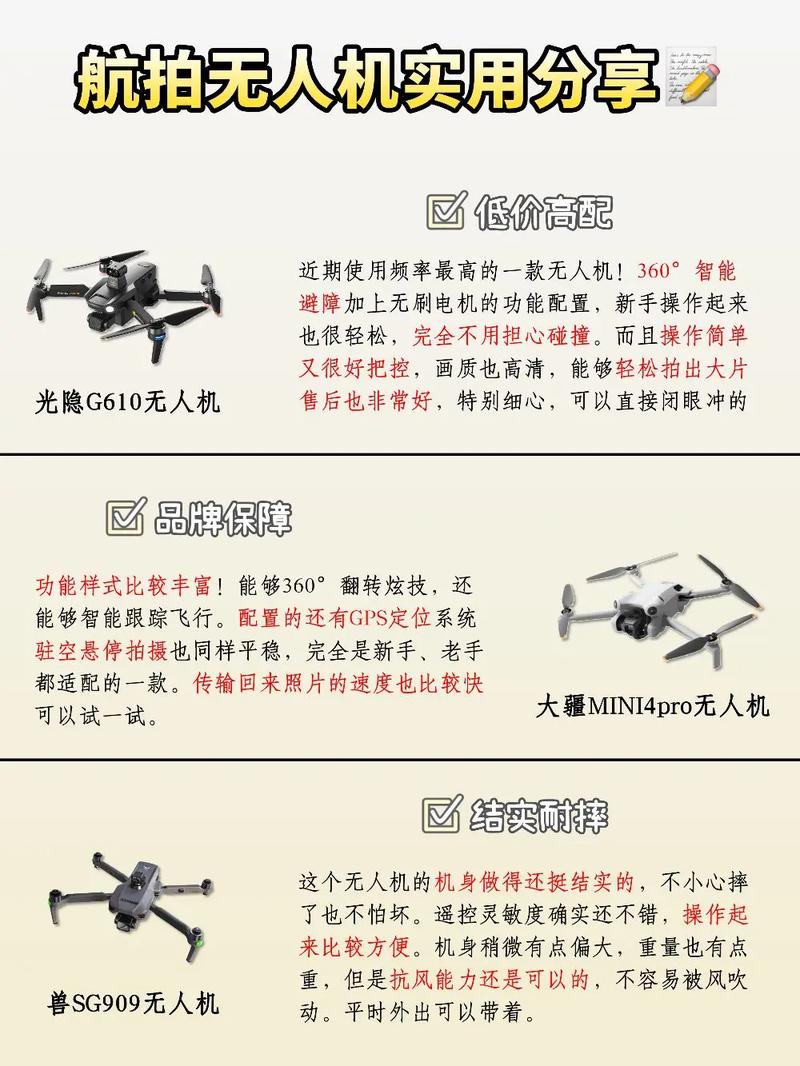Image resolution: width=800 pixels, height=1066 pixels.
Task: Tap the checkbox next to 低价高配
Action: (445, 211)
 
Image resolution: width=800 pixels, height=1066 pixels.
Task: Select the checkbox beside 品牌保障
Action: (124, 517)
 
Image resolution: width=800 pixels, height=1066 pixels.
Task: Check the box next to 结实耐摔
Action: (440, 814)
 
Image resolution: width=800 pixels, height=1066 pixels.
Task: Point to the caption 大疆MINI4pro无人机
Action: (652, 706)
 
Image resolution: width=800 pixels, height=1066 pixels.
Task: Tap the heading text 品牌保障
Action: (223, 518)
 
